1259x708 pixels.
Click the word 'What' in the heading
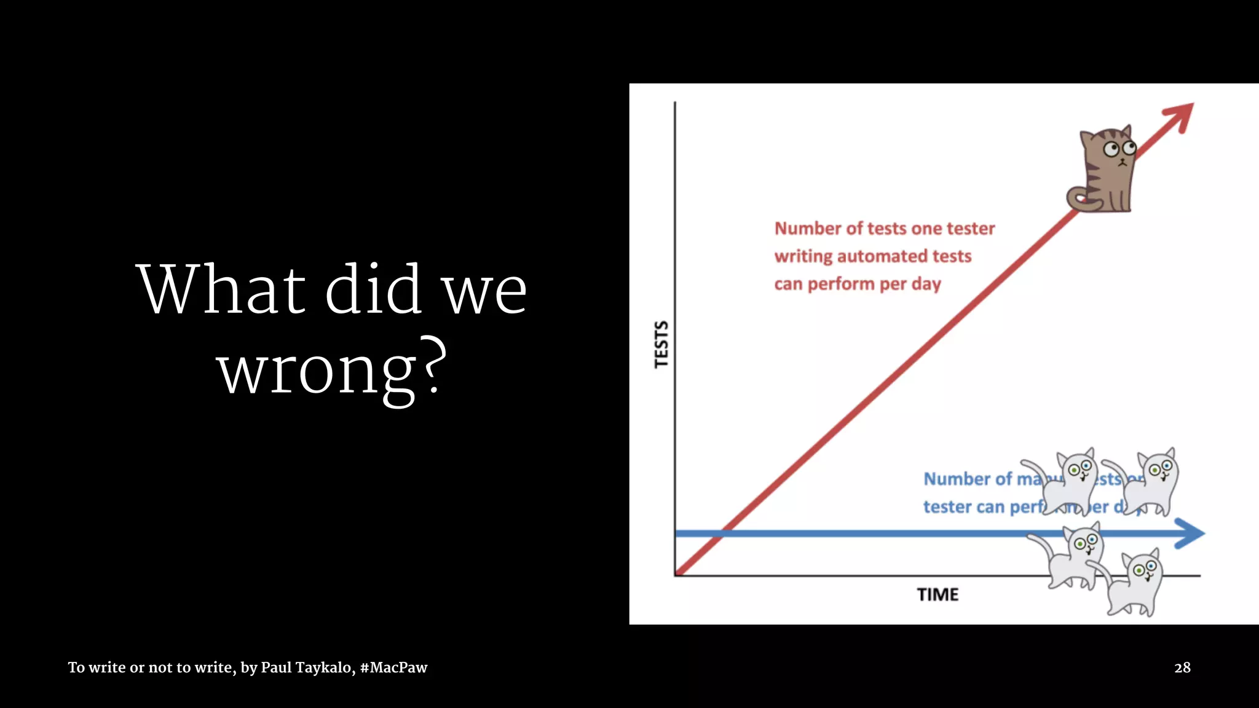coord(221,289)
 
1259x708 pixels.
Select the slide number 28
coord(1182,667)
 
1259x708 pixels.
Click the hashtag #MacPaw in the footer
coord(393,667)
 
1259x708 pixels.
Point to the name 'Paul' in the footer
coord(276,667)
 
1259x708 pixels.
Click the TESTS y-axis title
coord(661,344)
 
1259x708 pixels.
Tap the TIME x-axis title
coord(937,595)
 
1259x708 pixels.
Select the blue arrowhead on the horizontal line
coord(1190,533)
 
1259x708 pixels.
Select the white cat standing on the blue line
coord(1073,556)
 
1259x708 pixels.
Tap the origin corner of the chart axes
coord(676,575)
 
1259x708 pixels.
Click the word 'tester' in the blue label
coord(947,507)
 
